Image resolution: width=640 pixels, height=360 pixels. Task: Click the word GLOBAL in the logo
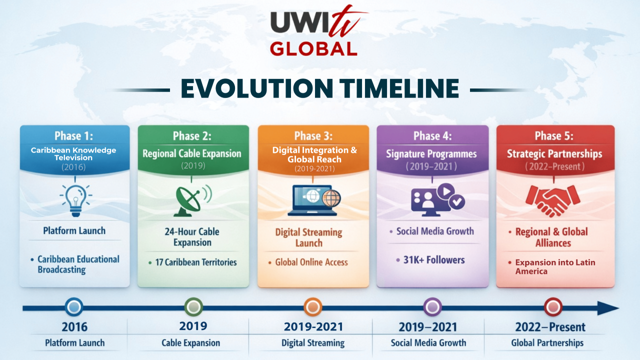[x=313, y=49]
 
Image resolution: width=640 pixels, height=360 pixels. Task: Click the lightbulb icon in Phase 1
[x=75, y=200]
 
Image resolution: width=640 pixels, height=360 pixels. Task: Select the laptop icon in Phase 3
[x=313, y=200]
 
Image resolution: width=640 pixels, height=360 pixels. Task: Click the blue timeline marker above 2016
[x=74, y=307]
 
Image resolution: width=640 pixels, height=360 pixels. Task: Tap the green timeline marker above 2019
[x=193, y=307]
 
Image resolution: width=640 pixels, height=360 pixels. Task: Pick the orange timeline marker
[x=313, y=307]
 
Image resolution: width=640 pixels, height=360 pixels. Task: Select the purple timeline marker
[x=432, y=307]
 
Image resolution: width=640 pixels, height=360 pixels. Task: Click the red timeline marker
[x=553, y=307]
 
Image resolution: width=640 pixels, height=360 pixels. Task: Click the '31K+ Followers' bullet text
[x=433, y=260]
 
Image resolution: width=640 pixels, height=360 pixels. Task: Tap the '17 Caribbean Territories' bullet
[x=196, y=262]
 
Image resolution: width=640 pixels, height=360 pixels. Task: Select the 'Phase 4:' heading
[x=432, y=136]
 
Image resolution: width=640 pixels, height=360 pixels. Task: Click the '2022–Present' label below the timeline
[x=550, y=327]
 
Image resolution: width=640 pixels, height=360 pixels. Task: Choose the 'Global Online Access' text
[x=311, y=262]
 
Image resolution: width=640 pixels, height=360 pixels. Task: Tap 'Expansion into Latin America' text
[x=555, y=266]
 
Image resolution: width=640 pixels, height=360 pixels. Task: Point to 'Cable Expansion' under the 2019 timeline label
[x=191, y=343]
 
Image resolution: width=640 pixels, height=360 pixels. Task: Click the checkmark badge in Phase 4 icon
[x=456, y=201]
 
